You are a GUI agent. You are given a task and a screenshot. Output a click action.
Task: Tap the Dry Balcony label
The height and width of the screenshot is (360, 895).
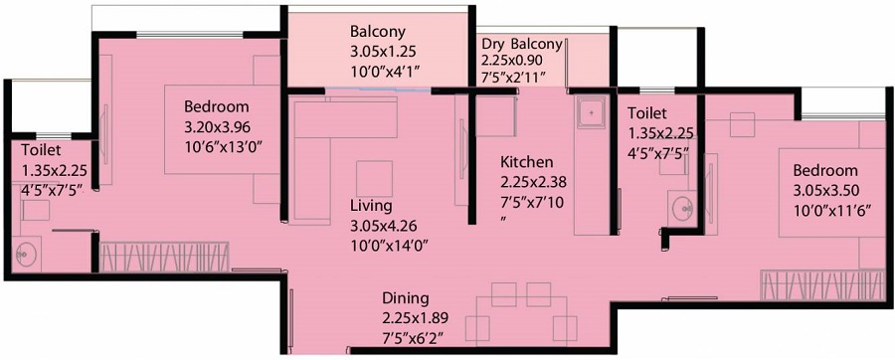(522, 44)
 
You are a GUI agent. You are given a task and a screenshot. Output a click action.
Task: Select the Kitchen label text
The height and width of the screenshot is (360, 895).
(527, 161)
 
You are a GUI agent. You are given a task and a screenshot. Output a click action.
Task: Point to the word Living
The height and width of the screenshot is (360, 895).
(372, 205)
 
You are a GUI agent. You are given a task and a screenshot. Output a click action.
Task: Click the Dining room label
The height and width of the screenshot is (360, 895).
(406, 297)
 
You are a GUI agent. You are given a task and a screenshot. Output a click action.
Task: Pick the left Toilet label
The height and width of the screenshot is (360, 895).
(41, 148)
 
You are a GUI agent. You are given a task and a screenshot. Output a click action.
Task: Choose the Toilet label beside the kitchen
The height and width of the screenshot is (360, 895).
(647, 114)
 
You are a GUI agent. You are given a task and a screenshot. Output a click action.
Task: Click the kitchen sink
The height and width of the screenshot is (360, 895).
(593, 114)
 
